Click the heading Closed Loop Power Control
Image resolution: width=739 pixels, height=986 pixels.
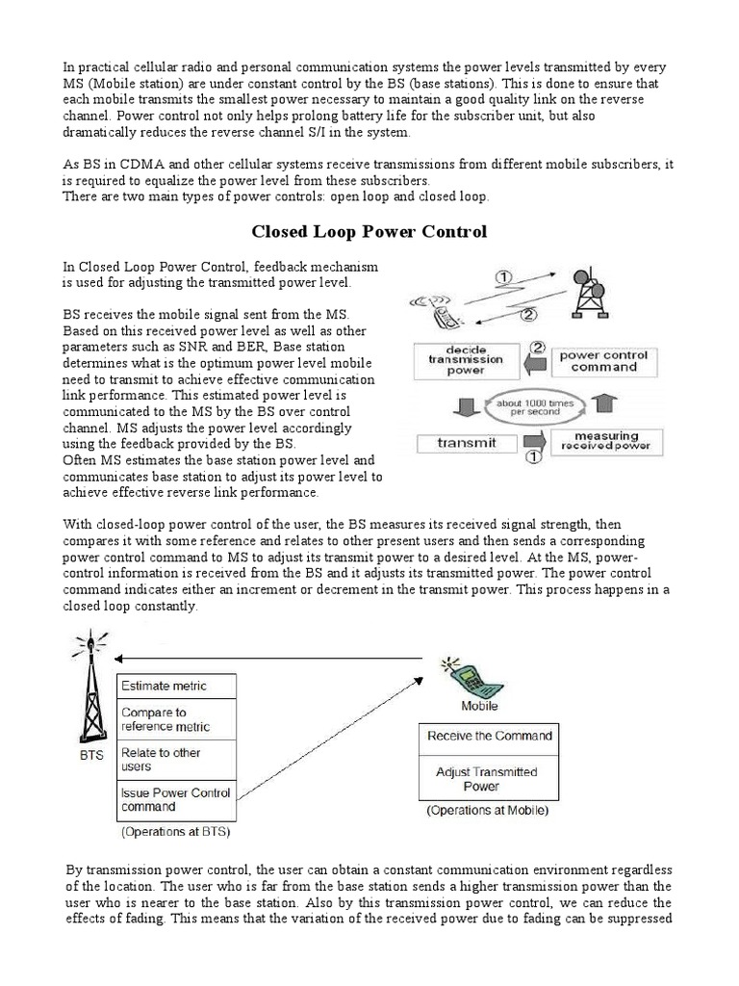click(x=369, y=231)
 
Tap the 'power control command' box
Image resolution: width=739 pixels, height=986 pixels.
click(x=605, y=360)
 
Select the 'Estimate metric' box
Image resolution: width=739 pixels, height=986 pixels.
click(x=176, y=687)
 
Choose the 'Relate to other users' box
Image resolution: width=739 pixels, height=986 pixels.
click(x=176, y=759)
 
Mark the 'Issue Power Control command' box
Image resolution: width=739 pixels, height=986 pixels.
click(x=176, y=799)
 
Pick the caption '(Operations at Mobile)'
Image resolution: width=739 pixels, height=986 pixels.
click(x=487, y=811)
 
